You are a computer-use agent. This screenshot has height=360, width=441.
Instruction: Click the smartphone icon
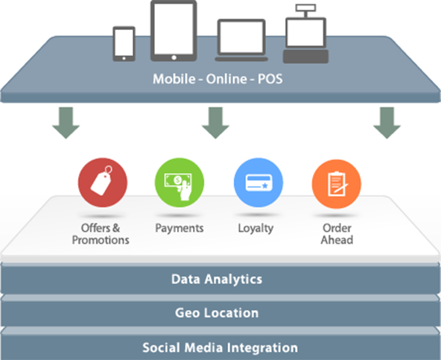124,44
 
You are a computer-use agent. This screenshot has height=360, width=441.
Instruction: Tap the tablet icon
174,31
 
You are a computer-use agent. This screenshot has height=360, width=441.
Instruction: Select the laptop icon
241,40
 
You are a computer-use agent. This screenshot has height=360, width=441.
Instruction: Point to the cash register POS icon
305,34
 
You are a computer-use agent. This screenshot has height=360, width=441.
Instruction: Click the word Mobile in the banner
174,79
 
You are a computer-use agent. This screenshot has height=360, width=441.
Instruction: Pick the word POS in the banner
270,79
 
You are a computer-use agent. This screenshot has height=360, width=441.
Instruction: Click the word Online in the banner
226,79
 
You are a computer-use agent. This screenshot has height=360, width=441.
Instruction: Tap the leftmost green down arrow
66,123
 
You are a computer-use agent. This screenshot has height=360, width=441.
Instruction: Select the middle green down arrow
215,123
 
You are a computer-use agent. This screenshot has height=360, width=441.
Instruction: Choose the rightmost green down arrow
387,123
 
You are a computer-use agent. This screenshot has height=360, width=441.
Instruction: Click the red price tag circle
103,183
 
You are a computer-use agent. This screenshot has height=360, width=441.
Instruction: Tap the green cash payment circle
180,183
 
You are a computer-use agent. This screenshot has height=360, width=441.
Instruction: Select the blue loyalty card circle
258,183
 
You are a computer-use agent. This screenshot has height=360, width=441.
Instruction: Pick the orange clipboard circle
337,184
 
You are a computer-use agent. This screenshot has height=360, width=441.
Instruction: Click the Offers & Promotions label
101,234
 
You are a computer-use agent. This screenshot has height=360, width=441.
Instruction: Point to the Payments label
180,228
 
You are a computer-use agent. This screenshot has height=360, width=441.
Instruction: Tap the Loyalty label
256,229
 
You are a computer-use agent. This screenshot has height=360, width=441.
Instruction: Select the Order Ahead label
337,234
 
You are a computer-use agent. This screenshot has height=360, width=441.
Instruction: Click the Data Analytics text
217,280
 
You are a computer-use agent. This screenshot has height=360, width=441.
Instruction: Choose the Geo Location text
217,313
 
